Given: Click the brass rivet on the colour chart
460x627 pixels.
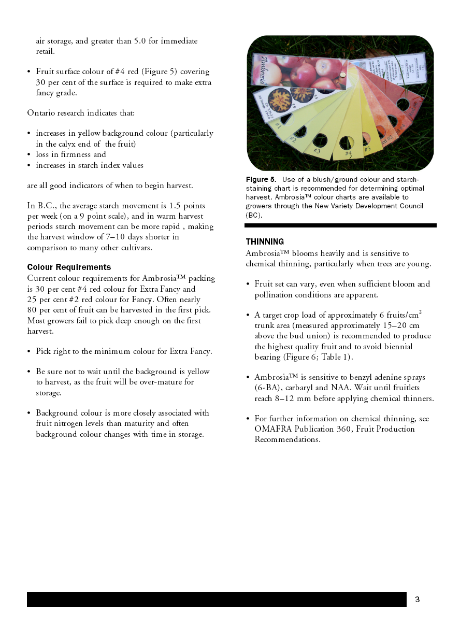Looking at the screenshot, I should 342,76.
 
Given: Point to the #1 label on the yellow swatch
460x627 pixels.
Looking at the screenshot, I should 278,125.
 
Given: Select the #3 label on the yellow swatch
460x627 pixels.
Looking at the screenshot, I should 317,151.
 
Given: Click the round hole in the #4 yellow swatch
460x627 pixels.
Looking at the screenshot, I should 347,142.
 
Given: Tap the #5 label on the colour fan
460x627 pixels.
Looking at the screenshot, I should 367,149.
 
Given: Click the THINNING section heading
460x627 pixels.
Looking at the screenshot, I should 265,242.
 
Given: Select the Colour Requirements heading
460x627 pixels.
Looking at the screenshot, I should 69,267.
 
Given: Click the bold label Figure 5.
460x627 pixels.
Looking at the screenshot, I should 261,180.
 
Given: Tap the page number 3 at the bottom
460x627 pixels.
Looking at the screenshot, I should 418,600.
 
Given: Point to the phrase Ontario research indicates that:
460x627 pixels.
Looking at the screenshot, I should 81,113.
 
